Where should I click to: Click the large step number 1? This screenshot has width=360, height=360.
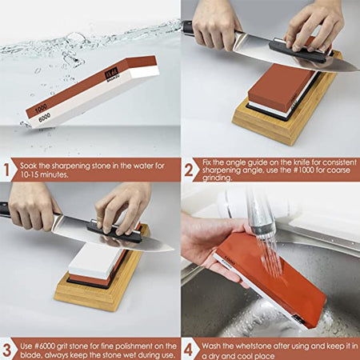[6, 170]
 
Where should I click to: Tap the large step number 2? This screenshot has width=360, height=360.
[189, 170]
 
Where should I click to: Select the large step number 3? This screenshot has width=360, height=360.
[6, 350]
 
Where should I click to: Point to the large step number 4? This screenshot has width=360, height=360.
[188, 350]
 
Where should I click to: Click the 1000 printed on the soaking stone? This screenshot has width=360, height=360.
[41, 108]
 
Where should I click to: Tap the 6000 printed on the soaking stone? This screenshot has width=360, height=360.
[44, 118]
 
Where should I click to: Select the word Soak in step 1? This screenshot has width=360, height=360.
[29, 166]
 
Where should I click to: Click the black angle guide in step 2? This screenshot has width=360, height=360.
[299, 51]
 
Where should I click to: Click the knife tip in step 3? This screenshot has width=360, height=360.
[174, 250]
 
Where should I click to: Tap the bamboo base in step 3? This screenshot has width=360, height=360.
[102, 286]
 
